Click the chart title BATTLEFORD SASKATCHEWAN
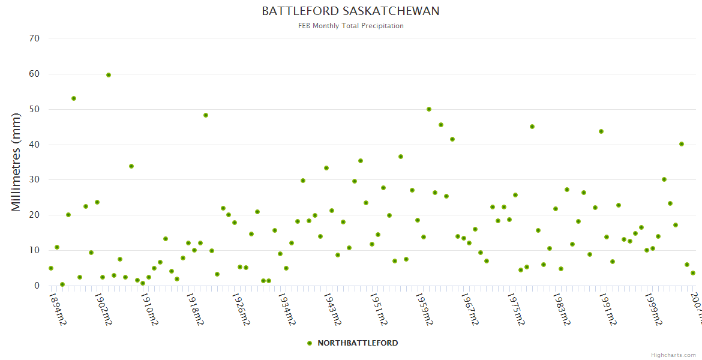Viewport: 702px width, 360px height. (350, 11)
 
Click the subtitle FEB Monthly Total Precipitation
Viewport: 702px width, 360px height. (350, 26)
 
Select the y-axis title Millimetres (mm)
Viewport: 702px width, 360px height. (16, 163)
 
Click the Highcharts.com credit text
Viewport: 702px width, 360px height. (673, 355)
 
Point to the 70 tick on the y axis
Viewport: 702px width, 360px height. (34, 38)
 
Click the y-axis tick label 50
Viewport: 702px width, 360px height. (34, 109)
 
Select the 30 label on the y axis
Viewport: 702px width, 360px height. (34, 180)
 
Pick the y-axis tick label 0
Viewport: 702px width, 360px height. (37, 286)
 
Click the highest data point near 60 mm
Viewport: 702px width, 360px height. (109, 75)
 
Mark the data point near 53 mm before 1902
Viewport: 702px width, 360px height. (74, 98)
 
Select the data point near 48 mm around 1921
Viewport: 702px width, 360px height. (206, 115)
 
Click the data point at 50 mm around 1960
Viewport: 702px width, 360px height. (429, 109)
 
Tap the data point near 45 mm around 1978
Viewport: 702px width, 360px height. (532, 127)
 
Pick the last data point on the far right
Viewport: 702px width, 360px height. (693, 273)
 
